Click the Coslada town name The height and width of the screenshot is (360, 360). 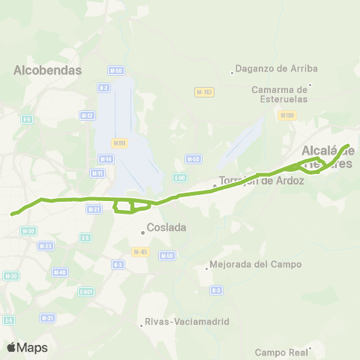point(166,227)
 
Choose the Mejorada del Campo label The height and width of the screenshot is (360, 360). point(255,264)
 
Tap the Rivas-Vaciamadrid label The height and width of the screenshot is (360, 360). point(184,323)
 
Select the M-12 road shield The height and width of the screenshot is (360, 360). point(87,115)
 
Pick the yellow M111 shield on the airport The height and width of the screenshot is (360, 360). point(118,142)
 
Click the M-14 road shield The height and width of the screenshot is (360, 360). point(105,159)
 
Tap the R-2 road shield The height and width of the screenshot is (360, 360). point(103,88)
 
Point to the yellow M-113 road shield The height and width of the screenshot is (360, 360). point(204,91)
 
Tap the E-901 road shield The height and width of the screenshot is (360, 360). point(86,291)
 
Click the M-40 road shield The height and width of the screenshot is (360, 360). point(60,272)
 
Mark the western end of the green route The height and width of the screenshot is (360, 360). point(13,214)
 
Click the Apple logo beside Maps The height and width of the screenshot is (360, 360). point(12,347)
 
